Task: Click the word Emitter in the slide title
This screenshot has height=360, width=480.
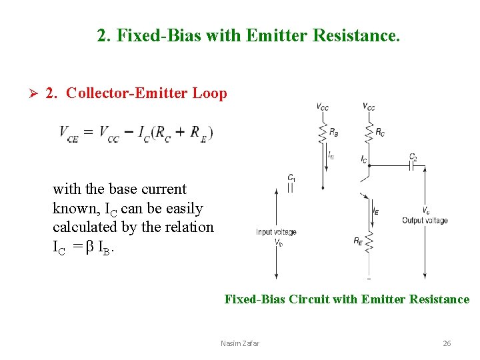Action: [273, 35]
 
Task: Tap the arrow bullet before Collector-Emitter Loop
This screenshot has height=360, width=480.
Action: [27, 93]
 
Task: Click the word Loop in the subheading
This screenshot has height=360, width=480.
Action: [209, 93]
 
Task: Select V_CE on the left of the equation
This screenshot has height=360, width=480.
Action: [69, 133]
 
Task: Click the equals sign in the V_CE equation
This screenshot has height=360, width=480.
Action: [88, 133]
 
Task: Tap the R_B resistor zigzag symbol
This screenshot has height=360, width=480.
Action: [323, 132]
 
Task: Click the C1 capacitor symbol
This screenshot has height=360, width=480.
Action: [291, 188]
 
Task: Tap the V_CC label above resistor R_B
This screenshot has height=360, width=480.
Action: [323, 107]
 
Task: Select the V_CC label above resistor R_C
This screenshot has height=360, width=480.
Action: [369, 106]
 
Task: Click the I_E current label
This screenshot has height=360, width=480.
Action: [376, 211]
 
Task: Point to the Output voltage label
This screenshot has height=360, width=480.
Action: [425, 221]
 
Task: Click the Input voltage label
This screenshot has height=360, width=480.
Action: [276, 232]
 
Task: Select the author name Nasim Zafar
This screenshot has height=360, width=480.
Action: [240, 343]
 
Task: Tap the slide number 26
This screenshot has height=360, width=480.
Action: [447, 343]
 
